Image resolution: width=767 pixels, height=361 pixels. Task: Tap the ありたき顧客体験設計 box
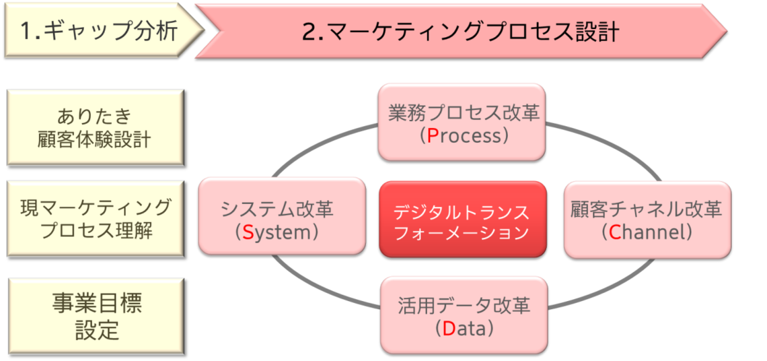pyautogui.click(x=94, y=127)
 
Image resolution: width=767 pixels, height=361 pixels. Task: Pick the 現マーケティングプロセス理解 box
pyautogui.click(x=94, y=218)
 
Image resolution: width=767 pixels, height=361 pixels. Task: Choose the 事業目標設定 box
pyautogui.click(x=94, y=316)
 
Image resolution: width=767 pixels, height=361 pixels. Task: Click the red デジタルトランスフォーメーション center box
pyautogui.click(x=462, y=218)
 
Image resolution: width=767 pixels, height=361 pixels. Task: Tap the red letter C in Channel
pyautogui.click(x=615, y=232)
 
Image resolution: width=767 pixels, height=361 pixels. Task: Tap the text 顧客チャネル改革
pyautogui.click(x=646, y=209)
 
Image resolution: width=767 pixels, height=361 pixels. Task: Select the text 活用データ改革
pyautogui.click(x=464, y=306)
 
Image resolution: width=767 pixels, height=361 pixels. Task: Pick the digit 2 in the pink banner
pyautogui.click(x=309, y=32)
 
